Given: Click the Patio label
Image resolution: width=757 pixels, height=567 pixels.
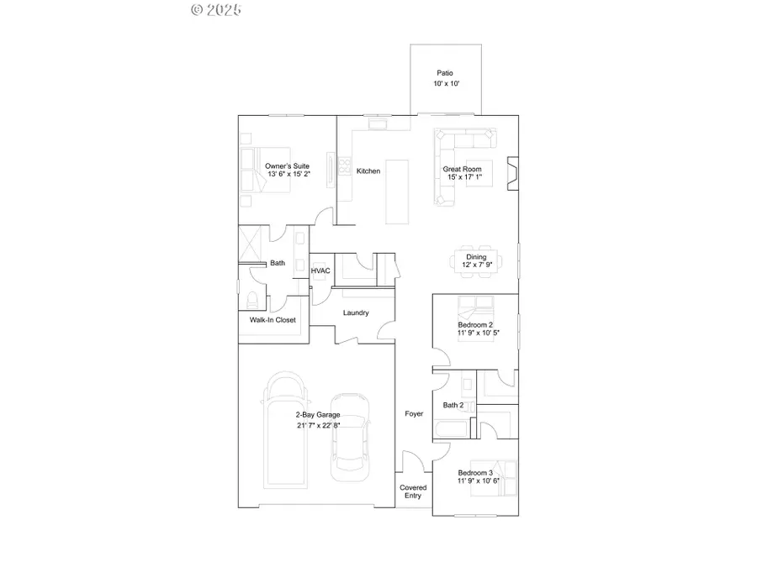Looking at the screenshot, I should click(445, 73).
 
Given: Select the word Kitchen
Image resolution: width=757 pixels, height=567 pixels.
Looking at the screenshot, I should click(368, 171).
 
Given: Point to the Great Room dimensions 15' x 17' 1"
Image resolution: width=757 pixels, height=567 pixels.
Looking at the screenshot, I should click(462, 177).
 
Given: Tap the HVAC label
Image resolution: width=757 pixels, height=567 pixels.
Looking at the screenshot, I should click(320, 271).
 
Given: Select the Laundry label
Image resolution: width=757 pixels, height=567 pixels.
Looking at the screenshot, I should click(356, 312).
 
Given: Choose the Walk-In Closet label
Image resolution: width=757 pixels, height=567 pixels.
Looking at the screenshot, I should click(273, 320).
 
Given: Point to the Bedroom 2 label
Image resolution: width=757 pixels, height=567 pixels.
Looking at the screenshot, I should click(475, 324).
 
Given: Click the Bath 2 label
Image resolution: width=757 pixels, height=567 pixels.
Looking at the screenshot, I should click(453, 405).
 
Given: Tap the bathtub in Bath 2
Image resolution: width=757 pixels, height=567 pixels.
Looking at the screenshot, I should click(446, 431).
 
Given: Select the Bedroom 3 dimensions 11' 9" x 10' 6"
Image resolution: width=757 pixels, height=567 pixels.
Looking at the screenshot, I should click(478, 480).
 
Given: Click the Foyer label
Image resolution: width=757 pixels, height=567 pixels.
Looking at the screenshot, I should click(414, 413).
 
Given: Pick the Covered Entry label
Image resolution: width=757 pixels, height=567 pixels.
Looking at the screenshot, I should click(413, 491).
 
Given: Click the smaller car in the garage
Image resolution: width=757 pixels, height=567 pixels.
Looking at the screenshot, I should click(351, 437).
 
